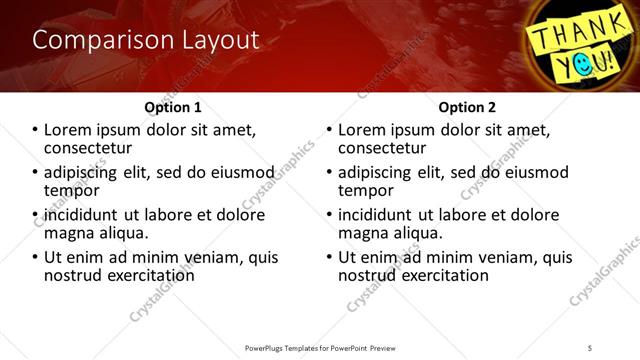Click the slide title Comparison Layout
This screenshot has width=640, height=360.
(x=145, y=40)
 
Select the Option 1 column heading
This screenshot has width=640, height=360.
(x=173, y=106)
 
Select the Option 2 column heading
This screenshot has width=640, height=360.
(x=467, y=106)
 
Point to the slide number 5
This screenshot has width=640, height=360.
(x=591, y=348)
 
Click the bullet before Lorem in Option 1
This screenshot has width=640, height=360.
(x=35, y=130)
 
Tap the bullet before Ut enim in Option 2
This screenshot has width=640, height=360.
(x=329, y=257)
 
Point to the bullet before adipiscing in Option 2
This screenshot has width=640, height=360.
(x=329, y=173)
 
